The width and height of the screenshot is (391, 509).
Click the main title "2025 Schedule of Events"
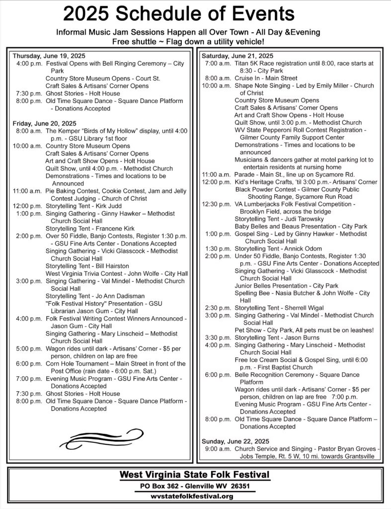tap(178, 15)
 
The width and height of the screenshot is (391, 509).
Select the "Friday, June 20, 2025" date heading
tap(44, 123)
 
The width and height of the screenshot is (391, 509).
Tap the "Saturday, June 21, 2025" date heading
tap(237, 55)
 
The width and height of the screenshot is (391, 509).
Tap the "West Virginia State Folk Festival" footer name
tap(195, 475)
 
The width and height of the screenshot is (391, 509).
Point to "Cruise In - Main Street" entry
tap(266, 78)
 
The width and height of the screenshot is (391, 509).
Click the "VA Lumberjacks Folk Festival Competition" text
tap(298, 204)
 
